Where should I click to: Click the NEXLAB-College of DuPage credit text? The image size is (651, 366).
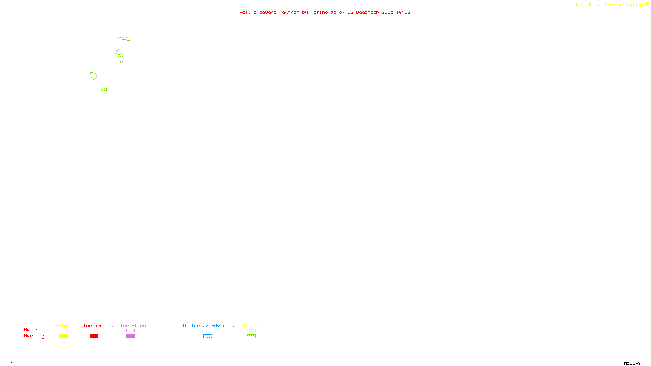(x=610, y=5)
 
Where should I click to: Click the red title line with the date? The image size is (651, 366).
(x=325, y=12)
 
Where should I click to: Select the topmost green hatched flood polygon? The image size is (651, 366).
(x=124, y=39)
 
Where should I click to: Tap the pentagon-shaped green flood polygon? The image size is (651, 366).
(x=94, y=76)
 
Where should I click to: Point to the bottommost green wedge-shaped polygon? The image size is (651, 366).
(x=103, y=90)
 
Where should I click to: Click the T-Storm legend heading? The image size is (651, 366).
(x=63, y=325)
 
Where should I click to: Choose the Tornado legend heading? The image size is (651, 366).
(x=93, y=325)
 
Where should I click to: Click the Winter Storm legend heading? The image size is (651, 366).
(x=129, y=325)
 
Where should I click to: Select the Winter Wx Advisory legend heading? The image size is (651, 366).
(x=208, y=325)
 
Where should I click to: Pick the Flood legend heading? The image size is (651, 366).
(x=251, y=325)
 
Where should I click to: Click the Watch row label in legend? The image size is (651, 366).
(x=31, y=329)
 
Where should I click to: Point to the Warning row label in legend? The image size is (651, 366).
(x=34, y=336)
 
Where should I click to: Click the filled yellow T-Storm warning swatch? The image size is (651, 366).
(x=63, y=336)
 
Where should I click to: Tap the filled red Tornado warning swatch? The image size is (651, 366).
(x=94, y=336)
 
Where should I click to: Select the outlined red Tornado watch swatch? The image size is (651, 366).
(x=94, y=331)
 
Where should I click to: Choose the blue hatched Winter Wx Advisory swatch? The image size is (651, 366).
(x=208, y=336)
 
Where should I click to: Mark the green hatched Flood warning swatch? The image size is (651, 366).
(x=251, y=336)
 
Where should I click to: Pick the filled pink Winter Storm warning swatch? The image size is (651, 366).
(x=130, y=336)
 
